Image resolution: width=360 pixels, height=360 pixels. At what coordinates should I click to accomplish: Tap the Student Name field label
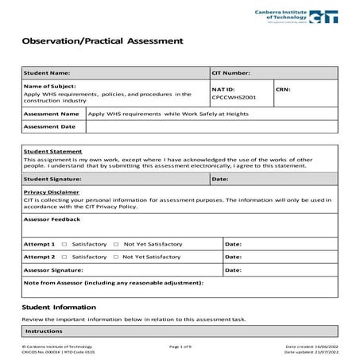tap(48, 73)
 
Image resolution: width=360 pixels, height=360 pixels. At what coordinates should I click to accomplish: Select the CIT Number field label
tap(231, 73)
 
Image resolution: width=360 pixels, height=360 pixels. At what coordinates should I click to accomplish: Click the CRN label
tap(283, 89)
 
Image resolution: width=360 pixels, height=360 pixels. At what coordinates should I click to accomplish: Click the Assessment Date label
tap(50, 126)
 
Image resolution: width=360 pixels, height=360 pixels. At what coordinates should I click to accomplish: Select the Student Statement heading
tap(53, 151)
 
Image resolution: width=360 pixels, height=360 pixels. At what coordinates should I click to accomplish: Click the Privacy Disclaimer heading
tap(52, 192)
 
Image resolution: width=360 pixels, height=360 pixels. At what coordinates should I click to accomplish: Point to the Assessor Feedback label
tap(52, 218)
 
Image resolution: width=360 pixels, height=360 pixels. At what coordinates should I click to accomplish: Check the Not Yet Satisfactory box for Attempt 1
tap(116, 244)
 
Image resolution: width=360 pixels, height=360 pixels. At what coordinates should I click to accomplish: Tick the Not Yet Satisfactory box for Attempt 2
tap(116, 257)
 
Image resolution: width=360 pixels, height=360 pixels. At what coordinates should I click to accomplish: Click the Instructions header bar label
tap(45, 331)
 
